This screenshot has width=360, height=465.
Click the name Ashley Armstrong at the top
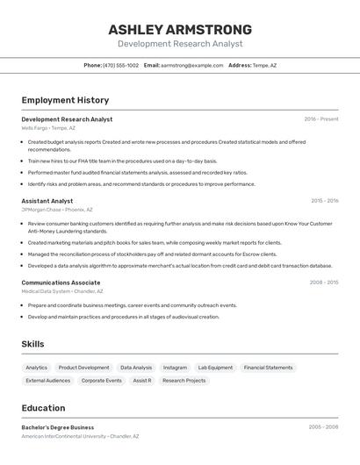click(x=179, y=29)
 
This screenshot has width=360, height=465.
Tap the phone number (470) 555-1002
click(x=120, y=65)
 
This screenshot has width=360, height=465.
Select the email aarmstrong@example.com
click(x=191, y=65)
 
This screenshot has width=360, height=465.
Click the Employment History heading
click(x=65, y=100)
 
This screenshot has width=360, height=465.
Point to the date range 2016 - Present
click(x=320, y=118)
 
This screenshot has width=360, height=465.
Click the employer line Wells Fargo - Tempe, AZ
click(x=48, y=128)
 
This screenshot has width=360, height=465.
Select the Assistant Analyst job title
click(x=47, y=201)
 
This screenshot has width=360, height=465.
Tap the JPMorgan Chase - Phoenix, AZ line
click(x=57, y=210)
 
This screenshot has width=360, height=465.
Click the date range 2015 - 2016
click(x=324, y=201)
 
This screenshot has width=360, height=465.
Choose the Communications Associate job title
click(x=61, y=283)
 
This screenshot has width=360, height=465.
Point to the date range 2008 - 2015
click(x=323, y=283)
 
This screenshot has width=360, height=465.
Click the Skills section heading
click(x=32, y=344)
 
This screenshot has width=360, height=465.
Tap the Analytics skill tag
click(x=37, y=368)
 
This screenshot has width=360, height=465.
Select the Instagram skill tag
click(x=175, y=368)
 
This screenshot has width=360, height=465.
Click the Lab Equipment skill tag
click(x=215, y=368)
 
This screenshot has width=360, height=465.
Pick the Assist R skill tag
click(x=142, y=381)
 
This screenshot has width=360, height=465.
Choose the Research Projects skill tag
click(x=184, y=381)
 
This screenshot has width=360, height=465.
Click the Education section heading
click(x=43, y=408)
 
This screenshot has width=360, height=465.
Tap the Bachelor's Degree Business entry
click(x=58, y=427)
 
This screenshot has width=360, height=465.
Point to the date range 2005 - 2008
click(x=323, y=427)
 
